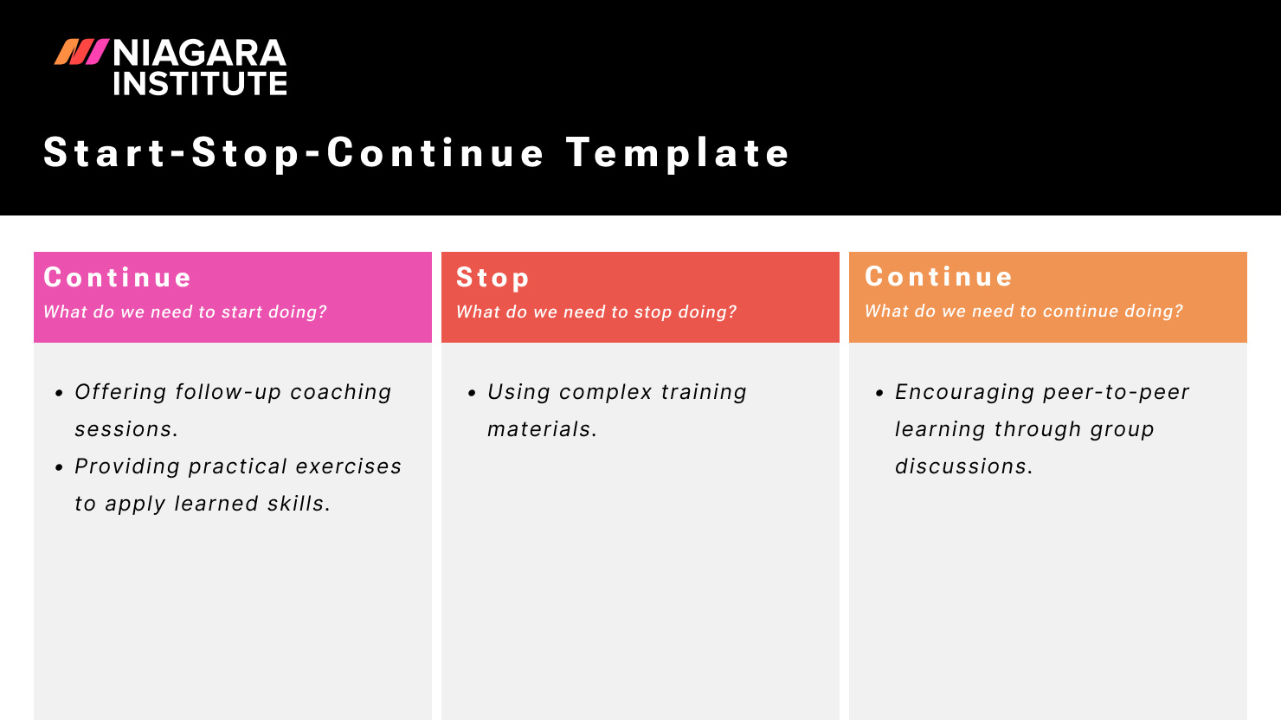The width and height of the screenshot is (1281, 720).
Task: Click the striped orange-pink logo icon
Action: pos(81,52)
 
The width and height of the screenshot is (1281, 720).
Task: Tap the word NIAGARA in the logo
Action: pos(199,54)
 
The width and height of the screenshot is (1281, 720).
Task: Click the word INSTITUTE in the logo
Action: pos(199,84)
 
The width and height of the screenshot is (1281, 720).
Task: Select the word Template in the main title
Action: pos(678,153)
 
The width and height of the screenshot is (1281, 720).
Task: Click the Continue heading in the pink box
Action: pos(118,278)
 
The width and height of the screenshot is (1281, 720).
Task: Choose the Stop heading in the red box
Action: pos(492,278)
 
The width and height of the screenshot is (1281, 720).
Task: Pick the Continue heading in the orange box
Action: pos(938,277)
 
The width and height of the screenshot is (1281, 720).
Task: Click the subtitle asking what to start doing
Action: pos(185,312)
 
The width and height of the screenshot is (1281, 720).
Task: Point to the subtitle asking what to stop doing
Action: pos(596,312)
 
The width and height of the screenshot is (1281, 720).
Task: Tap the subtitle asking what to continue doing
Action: pos(1023,312)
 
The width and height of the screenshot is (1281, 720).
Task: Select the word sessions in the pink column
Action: pos(126,429)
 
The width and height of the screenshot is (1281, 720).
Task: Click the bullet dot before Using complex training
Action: pos(472,393)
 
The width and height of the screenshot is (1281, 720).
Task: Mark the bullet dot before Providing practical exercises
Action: pos(59,467)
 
